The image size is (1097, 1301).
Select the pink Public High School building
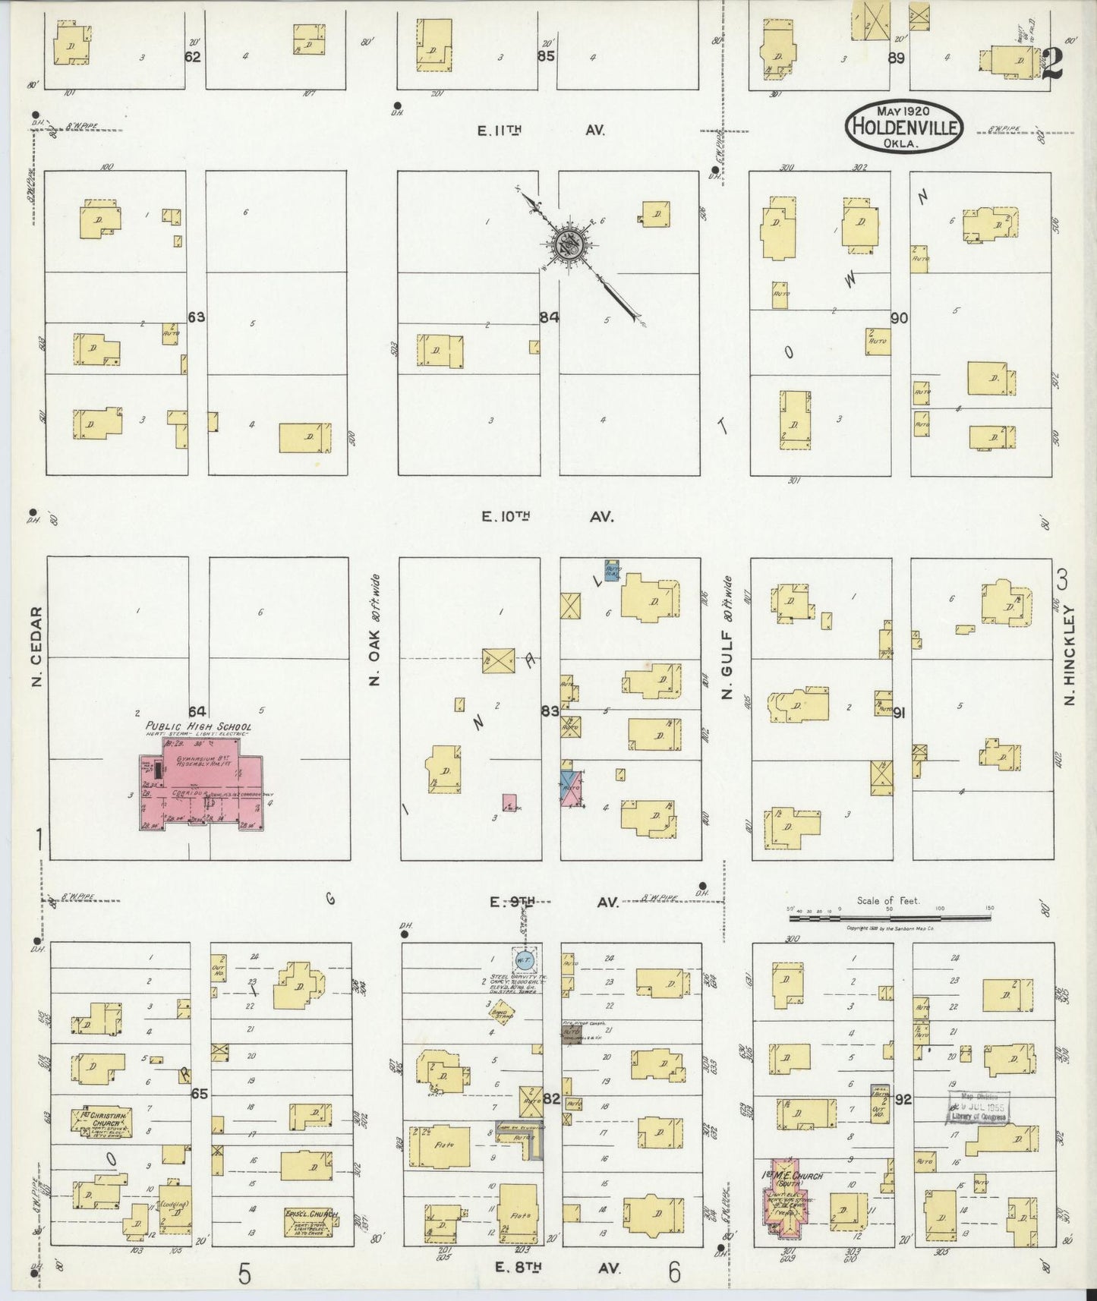pos(201,789)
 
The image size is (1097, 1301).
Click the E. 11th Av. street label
pos(541,131)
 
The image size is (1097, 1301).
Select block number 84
pos(549,317)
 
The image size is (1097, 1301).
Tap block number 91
pos(900,713)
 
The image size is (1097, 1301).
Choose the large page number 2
pos(1051,64)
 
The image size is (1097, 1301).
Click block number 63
pos(197,317)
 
